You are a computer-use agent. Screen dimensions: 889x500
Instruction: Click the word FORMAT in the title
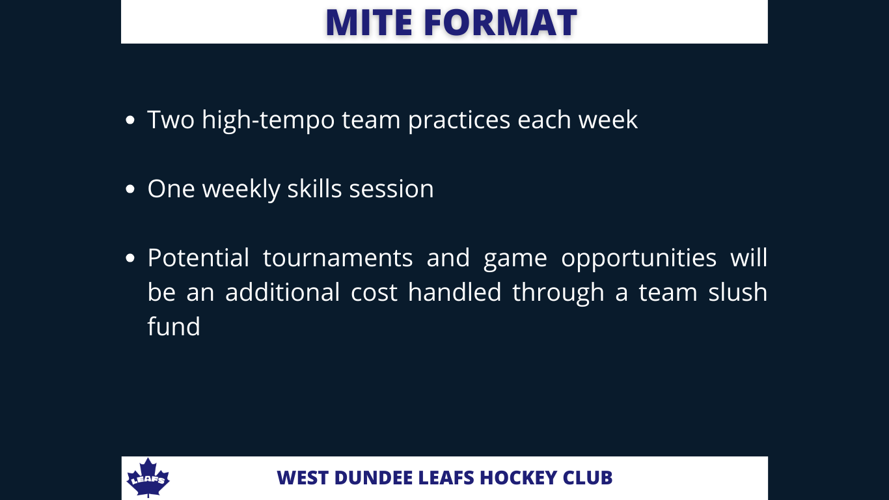[x=500, y=22]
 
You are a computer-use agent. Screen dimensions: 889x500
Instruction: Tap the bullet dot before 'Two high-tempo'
[x=130, y=120]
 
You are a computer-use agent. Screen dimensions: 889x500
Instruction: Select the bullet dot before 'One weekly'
[x=130, y=189]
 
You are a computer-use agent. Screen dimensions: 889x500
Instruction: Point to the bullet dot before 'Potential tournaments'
[x=130, y=258]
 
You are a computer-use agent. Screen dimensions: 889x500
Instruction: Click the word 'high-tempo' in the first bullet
[x=268, y=120]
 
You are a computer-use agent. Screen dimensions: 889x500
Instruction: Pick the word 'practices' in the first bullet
[x=459, y=120]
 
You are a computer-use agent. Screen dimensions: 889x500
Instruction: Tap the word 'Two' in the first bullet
[x=171, y=120]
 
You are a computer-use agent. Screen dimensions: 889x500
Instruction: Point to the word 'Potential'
[x=198, y=258]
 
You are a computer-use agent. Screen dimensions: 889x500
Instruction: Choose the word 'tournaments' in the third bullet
[x=338, y=258]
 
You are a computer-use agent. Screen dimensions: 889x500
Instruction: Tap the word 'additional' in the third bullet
[x=282, y=292]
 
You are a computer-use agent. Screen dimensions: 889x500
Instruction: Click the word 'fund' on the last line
[x=174, y=326]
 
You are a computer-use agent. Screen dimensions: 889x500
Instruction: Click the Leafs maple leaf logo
[x=148, y=477]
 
